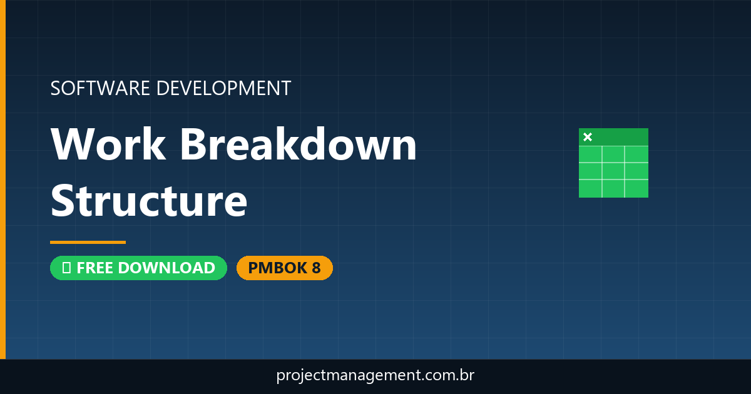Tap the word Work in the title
(108, 144)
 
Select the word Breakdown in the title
(299, 144)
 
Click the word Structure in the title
(149, 201)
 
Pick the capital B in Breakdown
(194, 144)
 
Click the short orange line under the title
(88, 242)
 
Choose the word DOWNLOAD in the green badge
(166, 268)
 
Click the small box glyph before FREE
(66, 268)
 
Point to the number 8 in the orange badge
(316, 268)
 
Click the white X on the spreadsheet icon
(587, 137)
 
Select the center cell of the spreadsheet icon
(613, 171)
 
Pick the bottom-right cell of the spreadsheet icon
(636, 188)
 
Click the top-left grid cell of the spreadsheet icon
(590, 154)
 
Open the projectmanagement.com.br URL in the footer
(375, 376)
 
